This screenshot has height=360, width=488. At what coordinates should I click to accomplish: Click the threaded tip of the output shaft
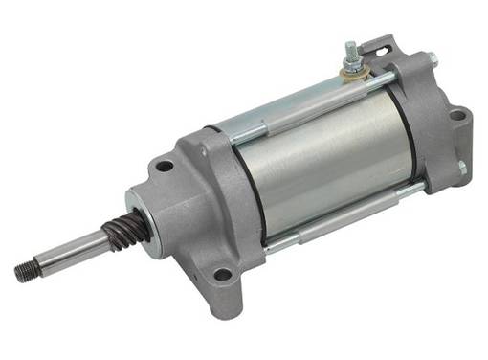24,271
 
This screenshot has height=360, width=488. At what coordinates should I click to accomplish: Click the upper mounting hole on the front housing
165,166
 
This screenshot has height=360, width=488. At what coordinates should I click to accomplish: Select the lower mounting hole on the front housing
223,275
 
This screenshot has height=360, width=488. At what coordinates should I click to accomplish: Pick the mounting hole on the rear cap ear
456,117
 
